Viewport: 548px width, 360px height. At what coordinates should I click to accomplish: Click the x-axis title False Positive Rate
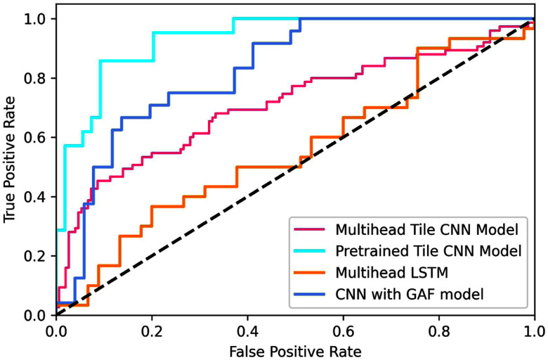point(295,349)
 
